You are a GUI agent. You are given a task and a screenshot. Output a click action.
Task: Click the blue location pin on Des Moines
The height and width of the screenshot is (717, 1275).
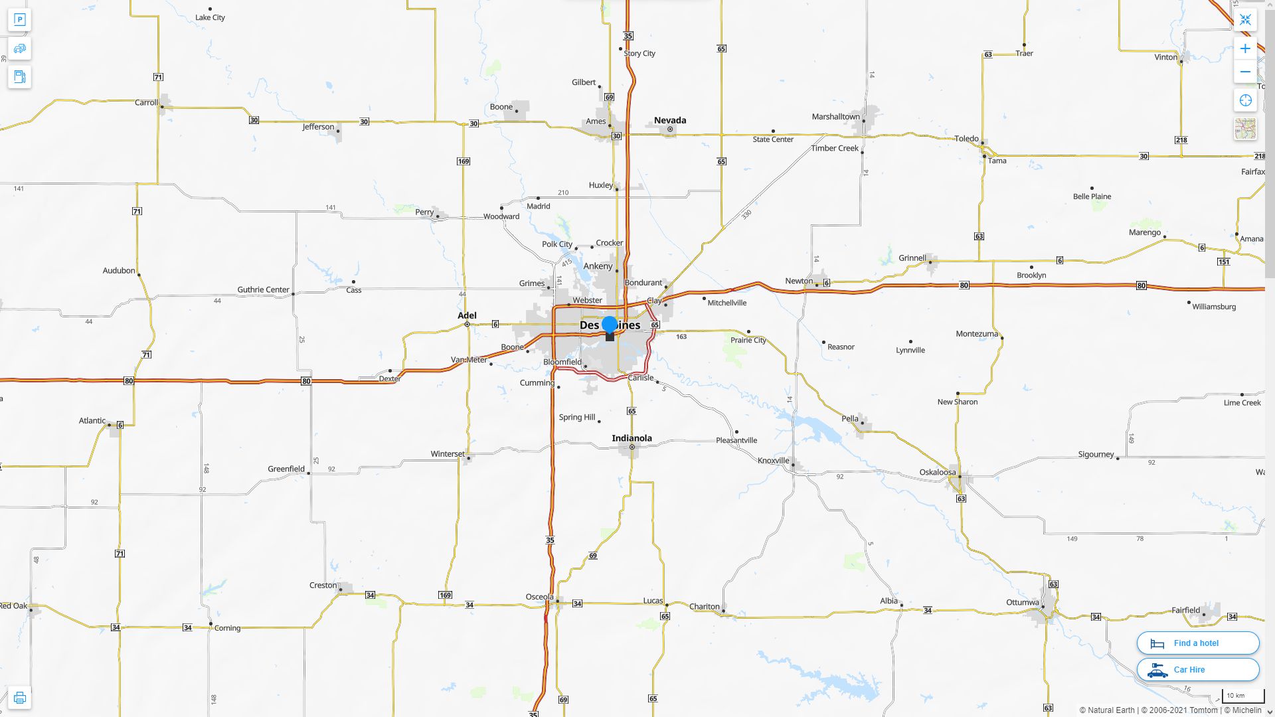[x=610, y=325]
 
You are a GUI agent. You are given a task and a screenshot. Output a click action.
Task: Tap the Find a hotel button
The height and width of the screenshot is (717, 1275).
[x=1197, y=643]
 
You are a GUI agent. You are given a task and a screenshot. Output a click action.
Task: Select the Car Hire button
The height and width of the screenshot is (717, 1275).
[x=1197, y=669]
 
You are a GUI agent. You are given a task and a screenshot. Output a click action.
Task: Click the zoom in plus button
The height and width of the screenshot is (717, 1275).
[x=1245, y=48]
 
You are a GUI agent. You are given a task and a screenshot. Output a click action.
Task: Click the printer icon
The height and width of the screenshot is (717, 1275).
[x=19, y=698]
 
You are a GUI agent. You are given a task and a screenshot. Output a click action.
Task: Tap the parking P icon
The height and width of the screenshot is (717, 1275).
[x=19, y=20]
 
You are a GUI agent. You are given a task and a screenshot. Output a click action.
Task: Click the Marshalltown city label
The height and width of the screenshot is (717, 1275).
[x=835, y=117]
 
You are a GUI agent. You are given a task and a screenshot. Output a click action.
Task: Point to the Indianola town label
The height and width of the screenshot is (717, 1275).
[x=632, y=438]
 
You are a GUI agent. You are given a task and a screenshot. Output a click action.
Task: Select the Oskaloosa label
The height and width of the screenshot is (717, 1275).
[x=938, y=473]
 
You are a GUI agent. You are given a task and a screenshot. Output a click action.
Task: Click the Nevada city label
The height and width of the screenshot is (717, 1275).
[x=670, y=120]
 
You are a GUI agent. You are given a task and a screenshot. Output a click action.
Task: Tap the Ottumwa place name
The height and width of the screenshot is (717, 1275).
[x=1022, y=603]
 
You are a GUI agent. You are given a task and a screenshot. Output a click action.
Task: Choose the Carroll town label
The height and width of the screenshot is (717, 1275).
[x=146, y=103]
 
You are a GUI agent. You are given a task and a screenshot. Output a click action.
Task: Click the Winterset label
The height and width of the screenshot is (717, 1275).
[x=448, y=454]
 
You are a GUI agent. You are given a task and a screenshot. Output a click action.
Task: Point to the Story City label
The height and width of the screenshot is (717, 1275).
[x=639, y=53]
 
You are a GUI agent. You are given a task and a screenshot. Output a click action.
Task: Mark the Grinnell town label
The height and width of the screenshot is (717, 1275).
[x=912, y=258]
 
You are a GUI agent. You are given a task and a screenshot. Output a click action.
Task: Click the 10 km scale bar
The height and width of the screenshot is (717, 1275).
[x=1242, y=696]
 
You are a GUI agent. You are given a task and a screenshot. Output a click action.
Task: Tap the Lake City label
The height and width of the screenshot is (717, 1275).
[x=210, y=17]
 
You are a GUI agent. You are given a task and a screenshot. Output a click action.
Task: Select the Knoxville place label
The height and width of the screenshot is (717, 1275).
[x=773, y=461]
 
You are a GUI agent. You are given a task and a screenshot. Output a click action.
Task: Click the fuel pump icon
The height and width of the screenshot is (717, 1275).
[x=19, y=77]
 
